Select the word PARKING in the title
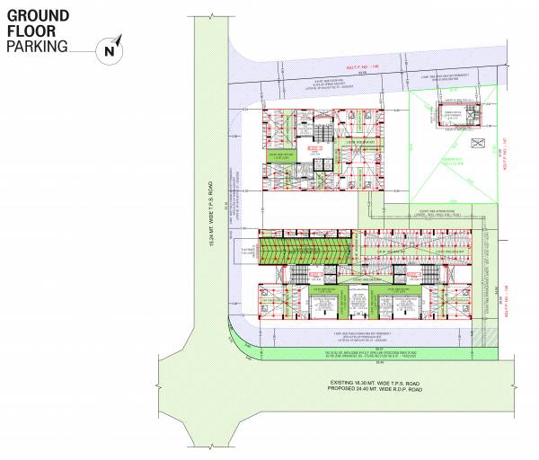click(38, 46)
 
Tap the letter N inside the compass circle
click(109, 52)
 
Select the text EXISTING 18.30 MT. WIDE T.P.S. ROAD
click(376, 384)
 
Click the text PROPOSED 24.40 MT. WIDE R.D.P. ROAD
click(376, 393)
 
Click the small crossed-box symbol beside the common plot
click(480, 142)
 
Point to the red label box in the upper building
click(315, 146)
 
